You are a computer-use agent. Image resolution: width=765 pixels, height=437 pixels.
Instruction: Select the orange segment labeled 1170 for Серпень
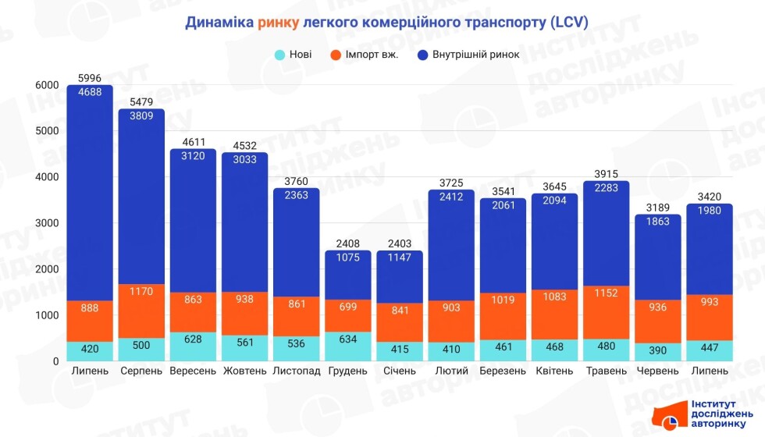coord(141,311)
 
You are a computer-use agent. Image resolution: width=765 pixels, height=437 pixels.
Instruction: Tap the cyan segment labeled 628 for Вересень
coord(193,346)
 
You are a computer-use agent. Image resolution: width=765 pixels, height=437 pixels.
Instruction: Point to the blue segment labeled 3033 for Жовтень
coord(244,222)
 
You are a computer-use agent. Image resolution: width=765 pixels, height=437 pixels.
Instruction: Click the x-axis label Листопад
coord(297,371)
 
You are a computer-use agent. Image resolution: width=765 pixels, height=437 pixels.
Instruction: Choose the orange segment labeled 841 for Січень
coord(399,322)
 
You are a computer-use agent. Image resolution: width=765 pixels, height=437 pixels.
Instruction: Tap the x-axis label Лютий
coord(450,371)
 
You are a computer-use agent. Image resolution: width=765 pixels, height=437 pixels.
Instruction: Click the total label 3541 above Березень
coord(503,191)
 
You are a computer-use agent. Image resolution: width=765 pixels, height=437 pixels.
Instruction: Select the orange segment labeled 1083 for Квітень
coord(554,314)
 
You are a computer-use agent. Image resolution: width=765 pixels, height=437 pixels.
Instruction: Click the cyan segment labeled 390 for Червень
coord(657,352)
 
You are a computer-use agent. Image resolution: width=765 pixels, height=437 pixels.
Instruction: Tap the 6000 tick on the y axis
coord(47,85)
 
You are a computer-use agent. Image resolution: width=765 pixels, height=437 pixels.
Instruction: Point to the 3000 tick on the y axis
coord(47,223)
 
